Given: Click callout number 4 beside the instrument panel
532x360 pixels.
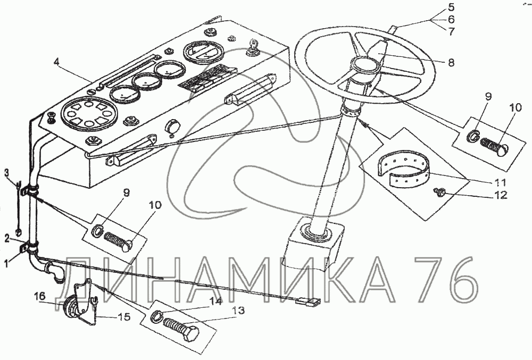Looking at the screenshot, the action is click(x=57, y=62).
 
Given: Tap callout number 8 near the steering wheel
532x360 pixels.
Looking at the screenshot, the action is click(x=451, y=63).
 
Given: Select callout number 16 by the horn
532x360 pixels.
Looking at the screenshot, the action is click(x=39, y=296).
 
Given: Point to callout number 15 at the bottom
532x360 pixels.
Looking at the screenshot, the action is click(x=124, y=317).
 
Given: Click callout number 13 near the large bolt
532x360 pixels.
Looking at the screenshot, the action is click(x=240, y=310).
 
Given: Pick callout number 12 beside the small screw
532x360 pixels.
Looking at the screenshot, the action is click(x=501, y=195).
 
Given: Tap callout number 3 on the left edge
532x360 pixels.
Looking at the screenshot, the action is click(x=6, y=172).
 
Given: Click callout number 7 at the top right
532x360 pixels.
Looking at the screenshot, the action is click(x=451, y=31).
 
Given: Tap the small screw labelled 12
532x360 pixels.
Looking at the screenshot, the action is click(x=438, y=193).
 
